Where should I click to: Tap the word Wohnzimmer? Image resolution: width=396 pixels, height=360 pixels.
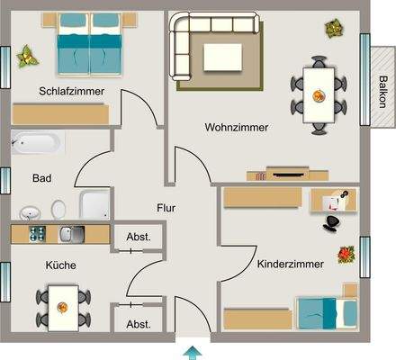pos(237,128)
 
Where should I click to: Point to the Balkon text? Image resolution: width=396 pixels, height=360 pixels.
pos(382,91)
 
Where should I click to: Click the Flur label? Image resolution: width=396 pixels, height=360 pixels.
pos(166,208)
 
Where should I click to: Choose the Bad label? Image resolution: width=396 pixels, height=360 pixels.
pos(41,178)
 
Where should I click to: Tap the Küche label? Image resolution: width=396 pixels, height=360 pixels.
pos(61,265)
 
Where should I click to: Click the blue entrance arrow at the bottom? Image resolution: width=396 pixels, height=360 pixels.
pos(192,350)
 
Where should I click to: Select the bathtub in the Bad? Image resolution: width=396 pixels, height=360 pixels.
pos(37,142)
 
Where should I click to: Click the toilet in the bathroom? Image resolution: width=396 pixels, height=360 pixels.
pos(58,209)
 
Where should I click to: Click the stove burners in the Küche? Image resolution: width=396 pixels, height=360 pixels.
pos(39,234)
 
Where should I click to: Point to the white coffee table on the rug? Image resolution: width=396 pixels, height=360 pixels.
pos(221,56)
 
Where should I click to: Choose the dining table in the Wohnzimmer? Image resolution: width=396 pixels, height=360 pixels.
pos(319,93)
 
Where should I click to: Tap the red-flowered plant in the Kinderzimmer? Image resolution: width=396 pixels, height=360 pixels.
pos(346,255)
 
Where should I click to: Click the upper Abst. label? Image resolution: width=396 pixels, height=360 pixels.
pos(139,238)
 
